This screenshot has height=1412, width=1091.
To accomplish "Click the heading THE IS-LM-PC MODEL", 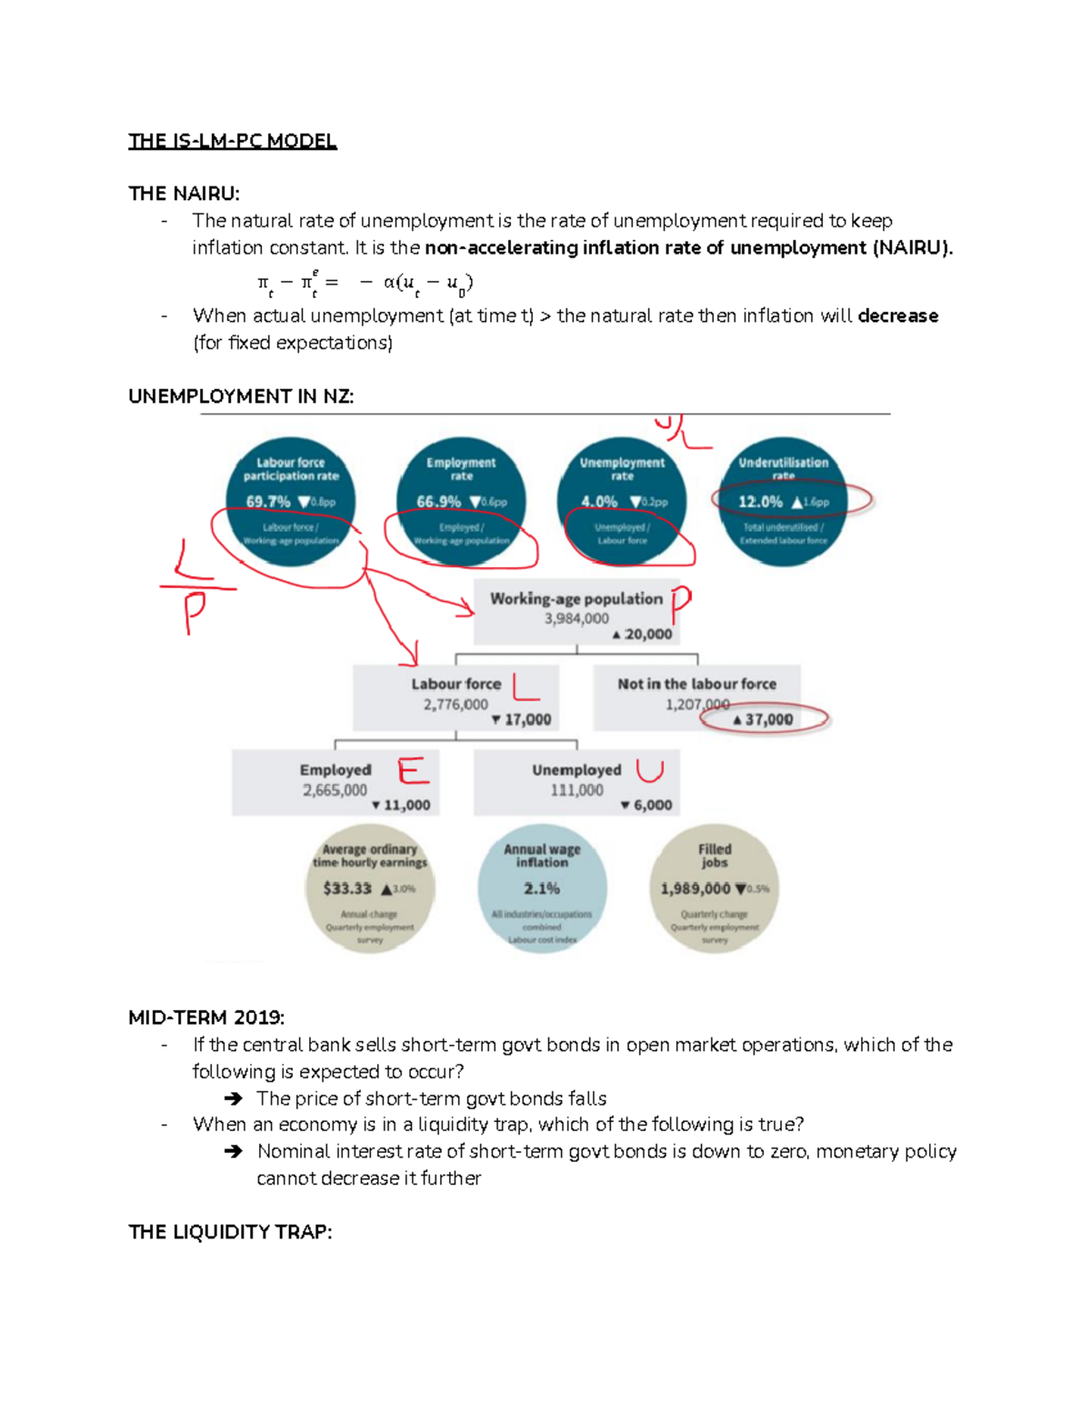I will [233, 141].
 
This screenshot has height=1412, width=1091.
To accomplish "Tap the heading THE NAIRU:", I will [184, 194].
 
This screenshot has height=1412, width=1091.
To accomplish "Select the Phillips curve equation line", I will [365, 283].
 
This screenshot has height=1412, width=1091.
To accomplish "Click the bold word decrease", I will [897, 315].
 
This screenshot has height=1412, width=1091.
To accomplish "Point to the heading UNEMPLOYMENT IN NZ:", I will [241, 396].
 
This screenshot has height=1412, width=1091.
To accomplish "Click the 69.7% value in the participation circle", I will [268, 502].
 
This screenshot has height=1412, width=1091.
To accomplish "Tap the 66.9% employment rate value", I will [439, 502].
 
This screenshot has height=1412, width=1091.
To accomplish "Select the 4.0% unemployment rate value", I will [599, 502].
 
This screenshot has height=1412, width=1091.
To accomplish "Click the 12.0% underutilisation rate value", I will [760, 502].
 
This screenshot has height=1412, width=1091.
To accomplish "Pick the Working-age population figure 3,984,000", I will [576, 618].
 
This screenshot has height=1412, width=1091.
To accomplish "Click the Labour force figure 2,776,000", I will [455, 705].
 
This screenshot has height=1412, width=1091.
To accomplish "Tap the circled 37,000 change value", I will [769, 719].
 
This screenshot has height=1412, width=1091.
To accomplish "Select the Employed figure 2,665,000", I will [335, 790].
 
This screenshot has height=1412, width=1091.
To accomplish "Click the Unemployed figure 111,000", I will [576, 790].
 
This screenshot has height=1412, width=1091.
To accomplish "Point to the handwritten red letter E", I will [413, 771].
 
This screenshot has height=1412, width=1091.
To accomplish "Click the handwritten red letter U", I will [649, 771].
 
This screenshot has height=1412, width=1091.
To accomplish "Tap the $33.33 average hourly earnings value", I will [347, 888].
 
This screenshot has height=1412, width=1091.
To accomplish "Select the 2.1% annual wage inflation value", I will [542, 888].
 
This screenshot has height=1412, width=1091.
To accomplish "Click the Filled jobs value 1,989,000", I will [696, 888].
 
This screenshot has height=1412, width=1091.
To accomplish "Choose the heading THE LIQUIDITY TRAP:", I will [230, 1232].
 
